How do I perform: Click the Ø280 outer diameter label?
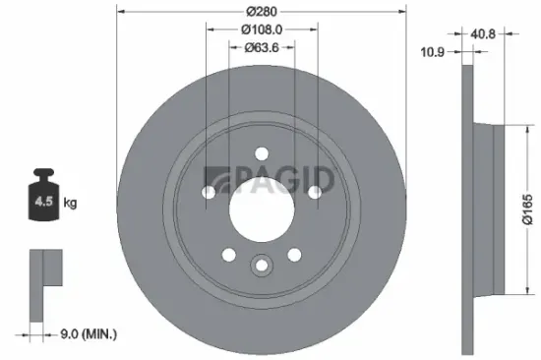[261, 13]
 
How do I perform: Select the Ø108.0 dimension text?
[261, 30]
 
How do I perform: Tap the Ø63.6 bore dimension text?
[261, 47]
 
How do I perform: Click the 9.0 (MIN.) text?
[90, 334]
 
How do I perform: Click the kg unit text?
[71, 203]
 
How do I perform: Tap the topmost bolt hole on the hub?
[261, 153]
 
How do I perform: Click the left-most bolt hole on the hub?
[208, 193]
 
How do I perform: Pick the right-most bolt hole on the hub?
[315, 193]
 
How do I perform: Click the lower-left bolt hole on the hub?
[228, 256]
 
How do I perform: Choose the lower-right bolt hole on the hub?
[294, 256]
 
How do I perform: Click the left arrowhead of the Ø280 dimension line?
[120, 13]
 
